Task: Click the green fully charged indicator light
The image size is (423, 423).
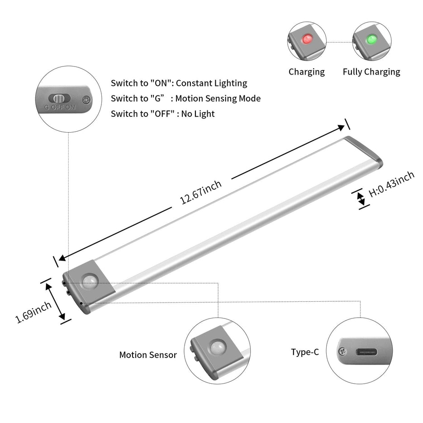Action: point(372,39)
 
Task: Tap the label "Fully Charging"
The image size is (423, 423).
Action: point(371,71)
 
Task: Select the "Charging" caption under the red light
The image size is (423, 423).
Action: point(307,71)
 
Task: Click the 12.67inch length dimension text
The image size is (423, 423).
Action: point(201,192)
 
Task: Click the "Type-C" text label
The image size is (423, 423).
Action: point(304,352)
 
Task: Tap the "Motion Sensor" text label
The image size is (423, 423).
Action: point(148,355)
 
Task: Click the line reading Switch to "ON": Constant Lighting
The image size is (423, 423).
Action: point(179,83)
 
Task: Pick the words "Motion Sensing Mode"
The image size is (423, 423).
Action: point(218,98)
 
